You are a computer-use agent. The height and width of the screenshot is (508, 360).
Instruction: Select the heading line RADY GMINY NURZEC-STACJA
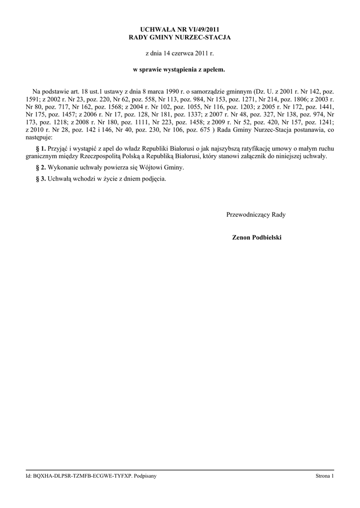coord(179,38)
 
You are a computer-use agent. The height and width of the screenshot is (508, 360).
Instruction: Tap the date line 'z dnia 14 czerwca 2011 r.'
coord(179,53)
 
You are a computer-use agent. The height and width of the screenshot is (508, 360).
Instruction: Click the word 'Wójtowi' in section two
coord(150,168)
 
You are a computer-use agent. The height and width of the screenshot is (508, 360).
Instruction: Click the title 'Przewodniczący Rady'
coord(256,215)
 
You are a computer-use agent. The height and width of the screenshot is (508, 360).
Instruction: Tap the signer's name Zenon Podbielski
coord(257,238)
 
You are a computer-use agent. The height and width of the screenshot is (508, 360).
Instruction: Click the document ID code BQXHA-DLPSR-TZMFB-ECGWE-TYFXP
coord(83,476)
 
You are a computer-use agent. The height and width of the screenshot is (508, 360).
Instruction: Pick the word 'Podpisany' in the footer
coord(146,476)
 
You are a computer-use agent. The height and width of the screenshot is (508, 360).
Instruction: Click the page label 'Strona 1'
coord(325,476)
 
